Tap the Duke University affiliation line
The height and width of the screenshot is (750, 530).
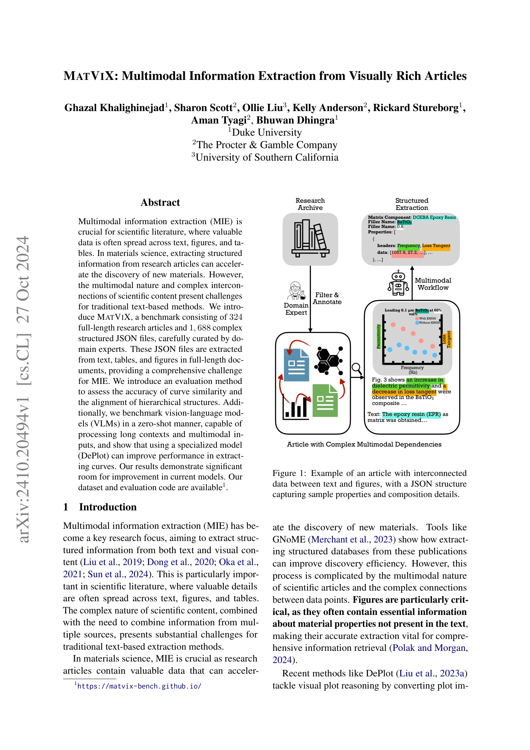click(265, 132)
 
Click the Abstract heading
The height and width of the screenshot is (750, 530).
click(160, 202)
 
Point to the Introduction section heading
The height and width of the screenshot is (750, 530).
click(107, 507)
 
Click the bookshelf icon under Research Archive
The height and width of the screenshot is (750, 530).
click(310, 239)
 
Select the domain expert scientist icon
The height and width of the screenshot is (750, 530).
click(296, 291)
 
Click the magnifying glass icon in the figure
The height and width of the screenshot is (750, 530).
click(357, 369)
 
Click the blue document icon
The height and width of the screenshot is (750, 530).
click(296, 365)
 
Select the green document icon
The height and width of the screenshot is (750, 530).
click(325, 401)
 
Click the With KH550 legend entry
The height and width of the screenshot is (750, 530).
click(427, 318)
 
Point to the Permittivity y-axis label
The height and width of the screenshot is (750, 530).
click(378, 337)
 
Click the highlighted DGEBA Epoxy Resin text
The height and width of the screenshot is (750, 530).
click(434, 217)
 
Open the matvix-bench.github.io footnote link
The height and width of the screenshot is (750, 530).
click(139, 686)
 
